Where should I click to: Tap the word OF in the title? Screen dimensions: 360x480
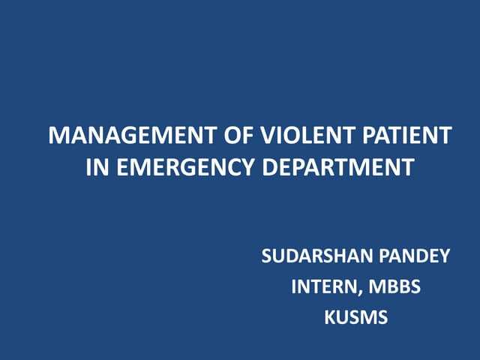tap(239, 137)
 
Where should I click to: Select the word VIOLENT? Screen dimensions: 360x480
tap(304, 137)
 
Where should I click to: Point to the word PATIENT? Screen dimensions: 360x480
tap(404, 137)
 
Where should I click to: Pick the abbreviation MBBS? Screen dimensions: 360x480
tap(394, 286)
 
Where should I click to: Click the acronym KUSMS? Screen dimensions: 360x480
tap(355, 317)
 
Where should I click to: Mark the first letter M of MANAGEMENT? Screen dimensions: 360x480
tap(57, 137)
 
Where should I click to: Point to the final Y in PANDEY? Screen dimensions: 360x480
tap(445, 256)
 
